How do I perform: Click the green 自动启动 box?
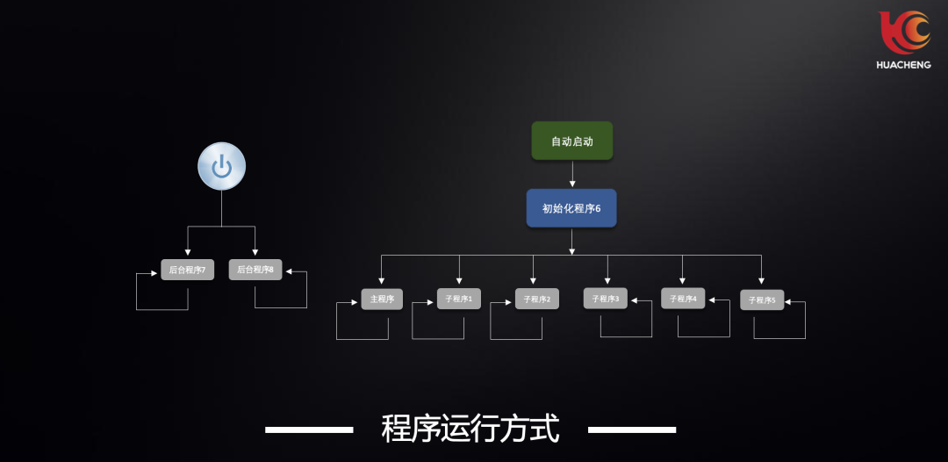point(571,141)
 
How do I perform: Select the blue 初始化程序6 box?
point(571,208)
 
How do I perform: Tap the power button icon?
point(221,166)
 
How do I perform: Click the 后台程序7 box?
point(187,270)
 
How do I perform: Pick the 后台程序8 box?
point(255,270)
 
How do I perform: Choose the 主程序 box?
point(382,299)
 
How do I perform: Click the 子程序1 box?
point(458,299)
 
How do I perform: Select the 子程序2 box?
point(536,299)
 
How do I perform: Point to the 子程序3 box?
point(605,299)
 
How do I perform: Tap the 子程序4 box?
point(683,299)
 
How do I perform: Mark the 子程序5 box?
point(761,300)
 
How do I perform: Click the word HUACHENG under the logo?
point(903,64)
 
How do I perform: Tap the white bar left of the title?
point(309,430)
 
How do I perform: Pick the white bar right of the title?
point(631,430)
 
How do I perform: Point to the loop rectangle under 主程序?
point(362,339)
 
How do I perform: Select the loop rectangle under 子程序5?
point(779,337)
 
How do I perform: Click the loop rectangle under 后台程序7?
point(162,309)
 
